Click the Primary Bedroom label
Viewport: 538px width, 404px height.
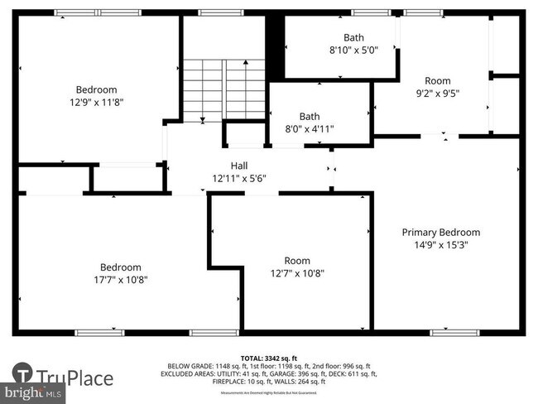coord(440,233)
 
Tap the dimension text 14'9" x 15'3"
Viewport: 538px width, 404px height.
coord(440,245)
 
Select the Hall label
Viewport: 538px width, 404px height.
coord(238,166)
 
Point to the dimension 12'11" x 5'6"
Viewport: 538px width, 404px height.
coord(238,178)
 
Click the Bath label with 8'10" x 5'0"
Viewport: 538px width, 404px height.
coord(353,37)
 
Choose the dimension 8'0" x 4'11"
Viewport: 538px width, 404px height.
coord(309,128)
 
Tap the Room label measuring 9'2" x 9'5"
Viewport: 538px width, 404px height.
coord(437,80)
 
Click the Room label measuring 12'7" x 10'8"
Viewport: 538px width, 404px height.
coord(296,261)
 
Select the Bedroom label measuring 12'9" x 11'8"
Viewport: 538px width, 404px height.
coord(96,89)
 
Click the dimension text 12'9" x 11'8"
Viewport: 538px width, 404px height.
coord(96,102)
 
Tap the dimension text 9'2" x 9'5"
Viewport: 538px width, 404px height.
coord(437,94)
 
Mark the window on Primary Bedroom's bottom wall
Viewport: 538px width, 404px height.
coord(454,332)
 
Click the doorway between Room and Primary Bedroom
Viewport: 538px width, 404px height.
coord(439,136)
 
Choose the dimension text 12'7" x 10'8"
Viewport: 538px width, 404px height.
coord(296,273)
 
